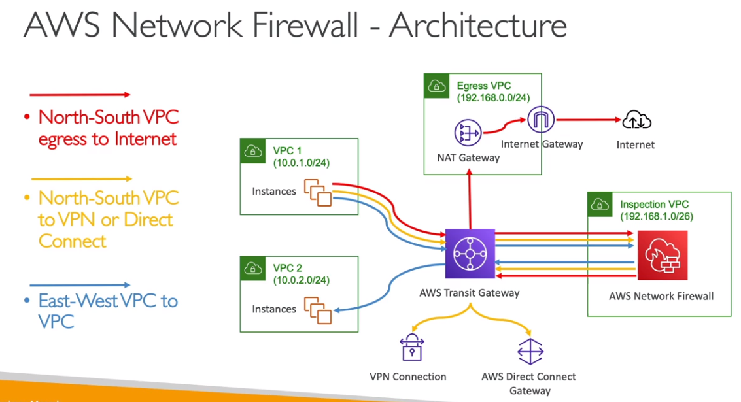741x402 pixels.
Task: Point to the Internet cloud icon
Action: pyautogui.click(x=636, y=120)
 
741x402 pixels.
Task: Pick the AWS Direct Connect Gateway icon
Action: pyautogui.click(x=527, y=351)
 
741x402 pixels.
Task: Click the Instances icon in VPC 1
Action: pyautogui.click(x=319, y=192)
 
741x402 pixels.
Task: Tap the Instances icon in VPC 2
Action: pyautogui.click(x=319, y=309)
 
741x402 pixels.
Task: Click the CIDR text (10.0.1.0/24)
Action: pyautogui.click(x=301, y=163)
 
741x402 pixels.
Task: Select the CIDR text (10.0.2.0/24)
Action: pyautogui.click(x=301, y=280)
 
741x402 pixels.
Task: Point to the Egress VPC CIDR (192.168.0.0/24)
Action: pyautogui.click(x=493, y=98)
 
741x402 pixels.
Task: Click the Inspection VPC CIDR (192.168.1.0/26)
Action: pyautogui.click(x=657, y=217)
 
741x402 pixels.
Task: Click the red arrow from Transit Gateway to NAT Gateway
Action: pyautogui.click(x=469, y=199)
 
